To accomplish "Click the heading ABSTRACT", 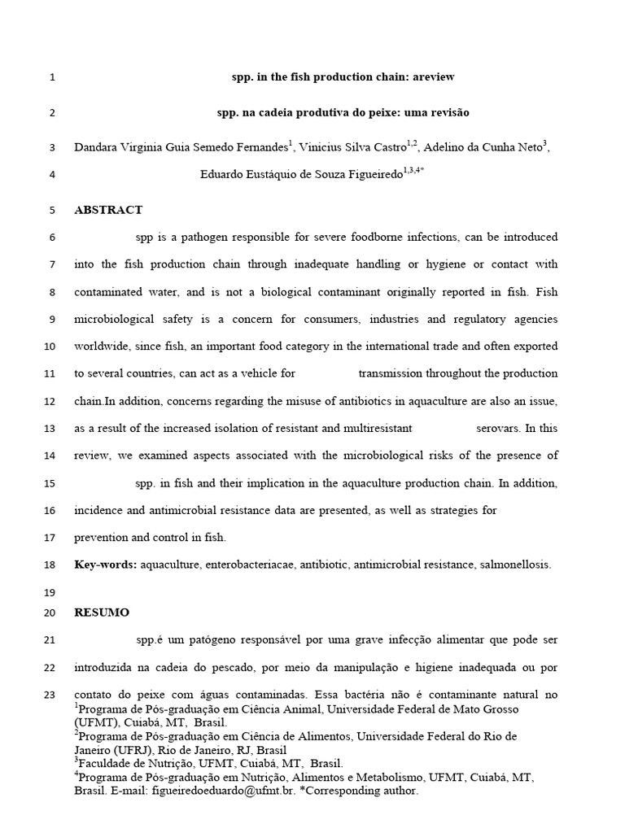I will click(x=108, y=210).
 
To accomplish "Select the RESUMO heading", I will click(x=102, y=613).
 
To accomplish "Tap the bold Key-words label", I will click(x=106, y=565).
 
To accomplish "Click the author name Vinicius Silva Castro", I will click(x=346, y=147).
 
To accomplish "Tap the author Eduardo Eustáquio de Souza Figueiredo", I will click(x=300, y=174).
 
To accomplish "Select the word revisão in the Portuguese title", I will click(x=450, y=112).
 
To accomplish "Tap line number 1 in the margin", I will click(x=51, y=78).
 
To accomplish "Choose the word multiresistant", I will click(x=372, y=428).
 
